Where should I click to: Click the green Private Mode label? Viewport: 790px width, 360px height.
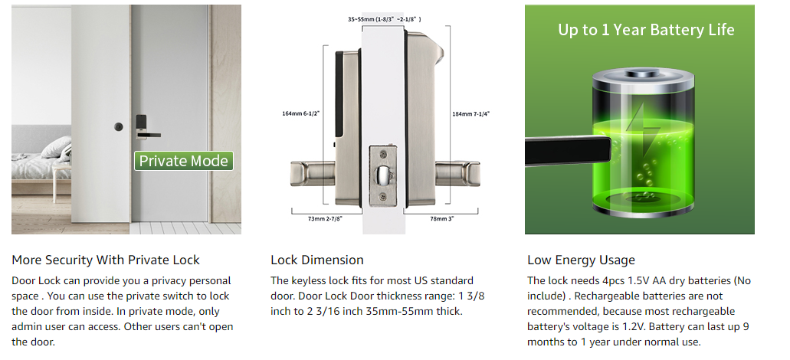183,161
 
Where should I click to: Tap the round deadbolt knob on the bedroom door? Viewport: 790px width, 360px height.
119,126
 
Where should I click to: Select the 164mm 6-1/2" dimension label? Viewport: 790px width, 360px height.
300,113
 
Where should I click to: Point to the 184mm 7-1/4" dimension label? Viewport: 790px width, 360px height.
471,114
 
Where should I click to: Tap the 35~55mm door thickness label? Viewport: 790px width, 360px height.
385,19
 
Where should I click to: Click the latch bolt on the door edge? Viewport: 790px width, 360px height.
382,175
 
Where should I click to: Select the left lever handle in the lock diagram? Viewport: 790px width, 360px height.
313,172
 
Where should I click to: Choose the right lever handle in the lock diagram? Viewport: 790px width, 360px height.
457,173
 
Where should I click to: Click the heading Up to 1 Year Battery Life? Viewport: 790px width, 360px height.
646,30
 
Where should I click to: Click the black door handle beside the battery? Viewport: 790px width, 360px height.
569,150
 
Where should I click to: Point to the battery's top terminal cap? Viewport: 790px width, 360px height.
643,76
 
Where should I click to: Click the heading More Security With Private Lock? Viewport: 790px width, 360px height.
106,260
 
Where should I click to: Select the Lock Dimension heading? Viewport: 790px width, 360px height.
317,260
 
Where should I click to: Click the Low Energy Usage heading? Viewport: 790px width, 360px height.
581,260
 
